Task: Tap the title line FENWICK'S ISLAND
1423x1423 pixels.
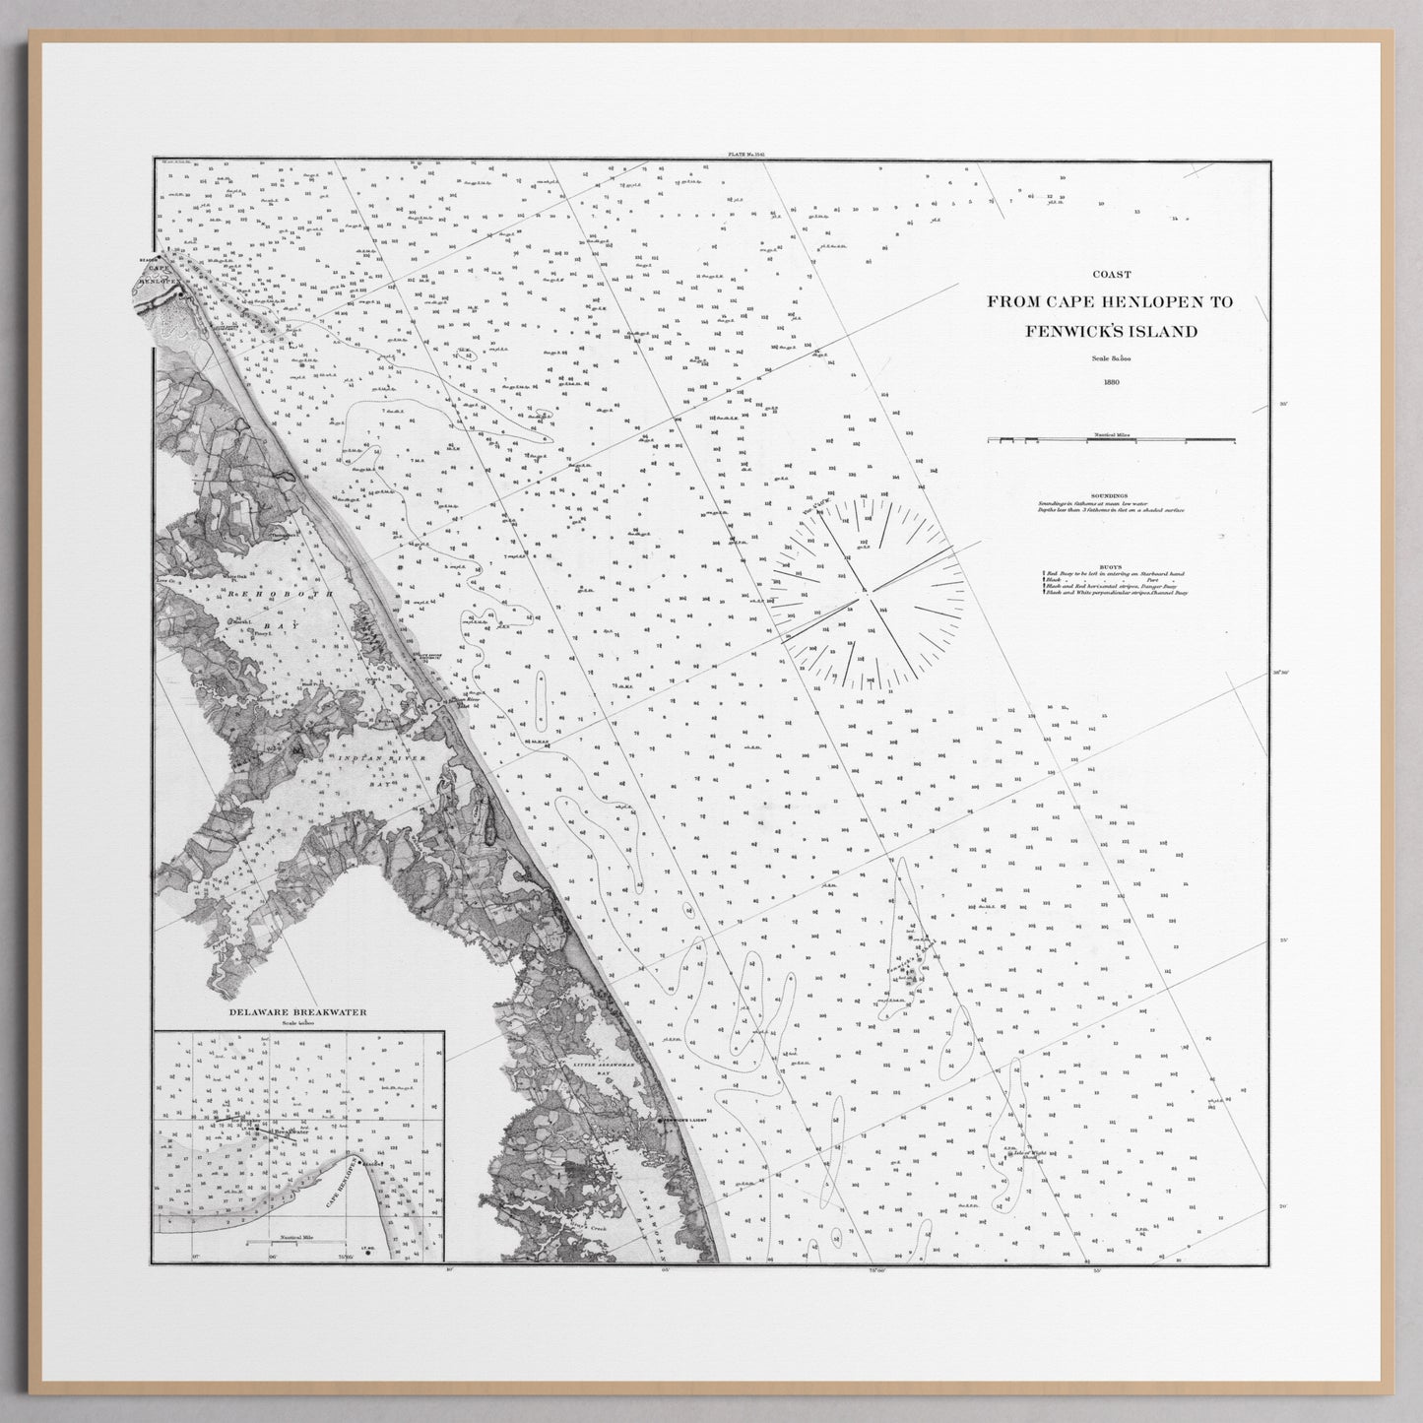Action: [x=1110, y=331]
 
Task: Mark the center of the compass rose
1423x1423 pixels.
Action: [x=865, y=592]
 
